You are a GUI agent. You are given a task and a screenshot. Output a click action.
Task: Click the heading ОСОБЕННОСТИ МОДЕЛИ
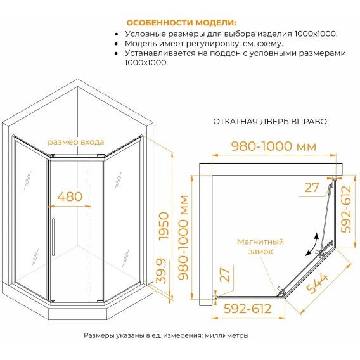(x=181, y=23)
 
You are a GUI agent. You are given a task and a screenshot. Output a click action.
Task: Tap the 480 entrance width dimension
(x=70, y=196)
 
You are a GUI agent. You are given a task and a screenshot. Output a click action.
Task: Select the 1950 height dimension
(x=164, y=226)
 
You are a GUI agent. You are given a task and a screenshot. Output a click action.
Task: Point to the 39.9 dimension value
(x=161, y=271)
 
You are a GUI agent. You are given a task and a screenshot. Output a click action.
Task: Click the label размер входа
(x=76, y=142)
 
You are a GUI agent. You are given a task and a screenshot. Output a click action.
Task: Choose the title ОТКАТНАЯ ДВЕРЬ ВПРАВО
(x=270, y=122)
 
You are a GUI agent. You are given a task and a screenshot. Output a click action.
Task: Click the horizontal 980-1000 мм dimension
(x=274, y=146)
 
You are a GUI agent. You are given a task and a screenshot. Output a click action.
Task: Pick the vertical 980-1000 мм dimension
(x=183, y=238)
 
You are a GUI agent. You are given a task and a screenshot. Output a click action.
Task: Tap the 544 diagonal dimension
(x=317, y=283)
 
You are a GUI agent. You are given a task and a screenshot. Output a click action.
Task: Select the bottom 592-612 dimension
(x=247, y=309)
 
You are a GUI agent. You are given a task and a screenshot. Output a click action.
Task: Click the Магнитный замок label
(x=260, y=247)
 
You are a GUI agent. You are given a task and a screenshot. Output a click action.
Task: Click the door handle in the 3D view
(x=53, y=236)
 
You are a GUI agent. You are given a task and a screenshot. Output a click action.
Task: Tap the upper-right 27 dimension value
(x=312, y=188)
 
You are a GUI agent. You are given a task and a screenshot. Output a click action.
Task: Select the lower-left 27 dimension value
(x=225, y=275)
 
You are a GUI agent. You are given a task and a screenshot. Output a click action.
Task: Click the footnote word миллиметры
(x=227, y=335)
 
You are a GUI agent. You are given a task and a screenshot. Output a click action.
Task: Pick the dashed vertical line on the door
(x=91, y=231)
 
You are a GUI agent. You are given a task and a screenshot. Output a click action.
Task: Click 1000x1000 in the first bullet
(x=315, y=34)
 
